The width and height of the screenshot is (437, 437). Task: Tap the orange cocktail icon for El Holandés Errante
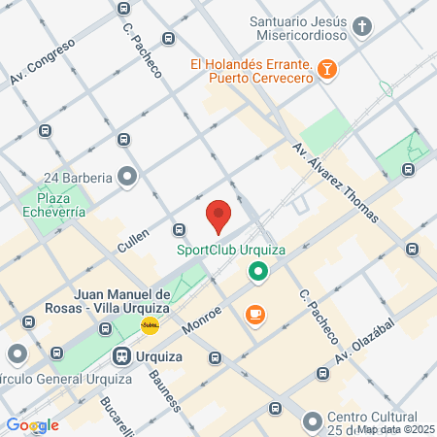click(x=329, y=68)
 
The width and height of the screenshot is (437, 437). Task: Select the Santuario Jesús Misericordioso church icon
click(x=363, y=25)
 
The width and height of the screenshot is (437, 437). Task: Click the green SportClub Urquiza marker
click(x=258, y=273)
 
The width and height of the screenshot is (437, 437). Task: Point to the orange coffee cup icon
click(x=255, y=314)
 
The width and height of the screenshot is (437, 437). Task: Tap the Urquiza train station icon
click(x=122, y=356)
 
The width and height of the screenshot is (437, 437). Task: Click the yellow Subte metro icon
click(x=151, y=325)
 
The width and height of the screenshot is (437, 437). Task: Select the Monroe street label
click(x=203, y=321)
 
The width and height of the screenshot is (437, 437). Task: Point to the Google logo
click(x=32, y=424)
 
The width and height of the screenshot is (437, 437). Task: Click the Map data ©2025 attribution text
click(x=394, y=429)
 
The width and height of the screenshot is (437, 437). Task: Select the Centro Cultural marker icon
click(x=312, y=421)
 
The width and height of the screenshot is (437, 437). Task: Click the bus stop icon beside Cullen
click(x=179, y=229)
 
